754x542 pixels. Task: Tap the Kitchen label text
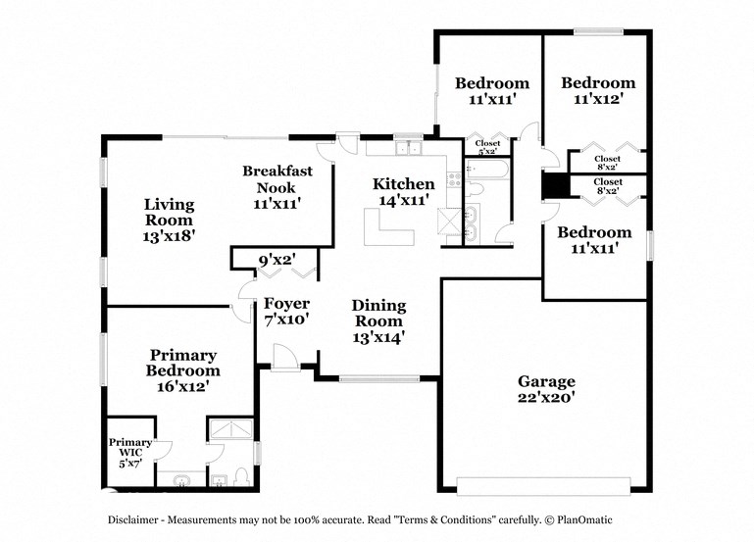pyautogui.click(x=403, y=184)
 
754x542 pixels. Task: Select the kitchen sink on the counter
pyautogui.click(x=407, y=149)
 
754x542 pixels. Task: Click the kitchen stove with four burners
pyautogui.click(x=453, y=179)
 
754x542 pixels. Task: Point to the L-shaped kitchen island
pyautogui.click(x=388, y=231)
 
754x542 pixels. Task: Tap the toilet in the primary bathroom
pyautogui.click(x=219, y=478)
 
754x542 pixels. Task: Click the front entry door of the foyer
pyautogui.click(x=285, y=359)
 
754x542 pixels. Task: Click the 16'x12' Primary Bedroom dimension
pyautogui.click(x=182, y=386)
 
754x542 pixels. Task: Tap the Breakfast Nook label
pyautogui.click(x=277, y=178)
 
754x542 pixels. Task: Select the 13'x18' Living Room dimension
pyautogui.click(x=169, y=236)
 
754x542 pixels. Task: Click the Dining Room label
pyautogui.click(x=377, y=313)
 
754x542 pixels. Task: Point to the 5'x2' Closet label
pyautogui.click(x=487, y=148)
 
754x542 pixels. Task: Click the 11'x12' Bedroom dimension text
pyautogui.click(x=597, y=99)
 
